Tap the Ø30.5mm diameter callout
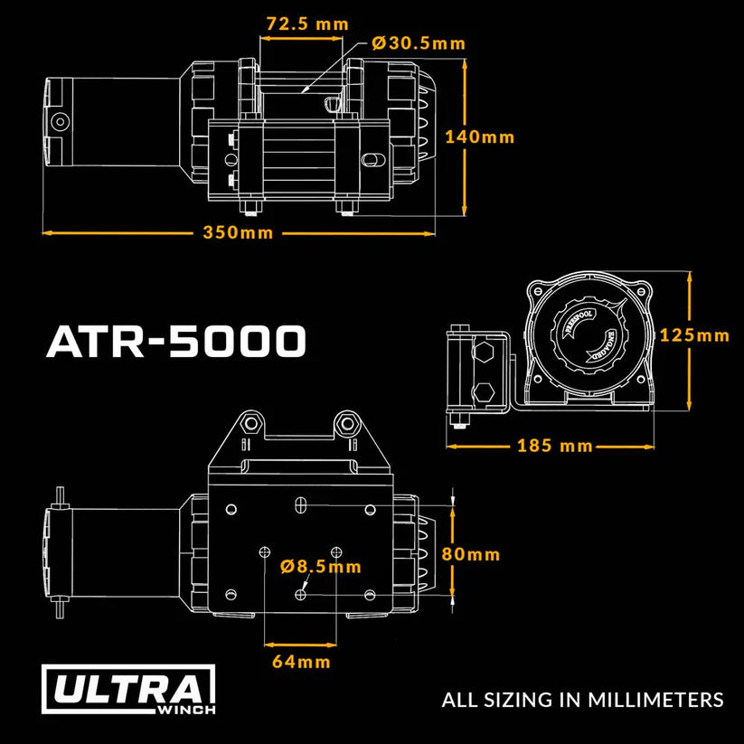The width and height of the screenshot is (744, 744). point(419,42)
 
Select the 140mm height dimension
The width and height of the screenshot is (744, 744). point(479,137)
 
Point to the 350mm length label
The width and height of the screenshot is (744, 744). point(238,232)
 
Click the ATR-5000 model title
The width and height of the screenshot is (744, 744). point(176,343)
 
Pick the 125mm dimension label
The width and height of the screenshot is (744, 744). point(694,335)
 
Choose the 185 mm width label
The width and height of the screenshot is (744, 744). point(555,446)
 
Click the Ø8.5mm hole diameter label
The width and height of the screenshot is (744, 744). point(321,567)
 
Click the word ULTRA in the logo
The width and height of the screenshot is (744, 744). point(127,690)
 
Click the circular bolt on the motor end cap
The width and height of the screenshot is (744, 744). point(60,121)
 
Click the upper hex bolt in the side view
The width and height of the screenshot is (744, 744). point(485,352)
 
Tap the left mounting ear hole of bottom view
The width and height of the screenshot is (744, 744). point(250,421)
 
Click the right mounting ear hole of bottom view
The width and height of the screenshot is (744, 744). point(344,421)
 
